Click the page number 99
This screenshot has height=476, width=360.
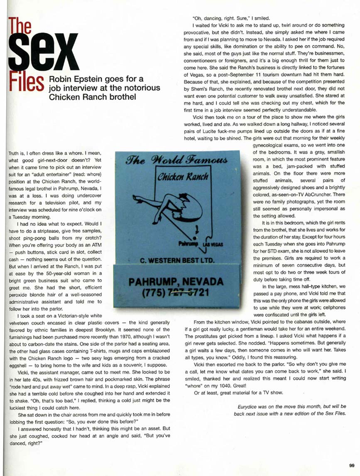point(351,465)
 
